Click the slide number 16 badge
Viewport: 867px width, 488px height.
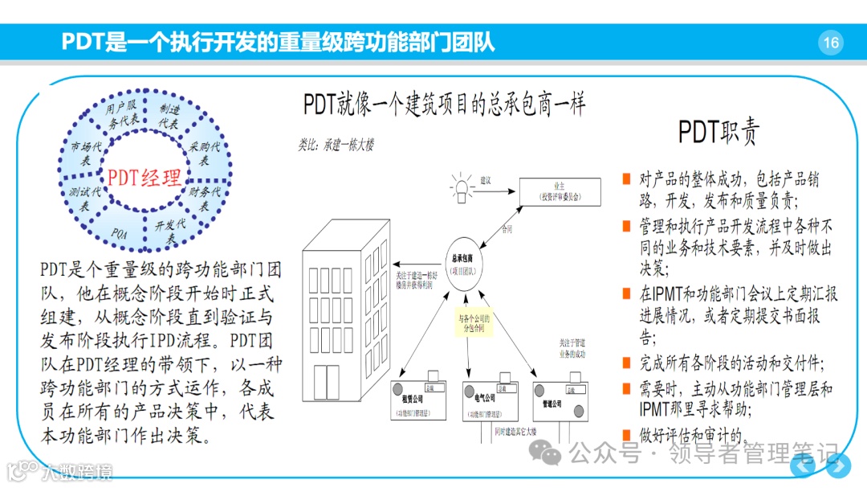point(831,43)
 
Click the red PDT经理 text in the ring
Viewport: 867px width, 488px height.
point(144,177)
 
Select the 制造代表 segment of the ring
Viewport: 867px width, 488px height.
point(169,117)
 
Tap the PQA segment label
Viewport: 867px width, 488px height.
point(120,233)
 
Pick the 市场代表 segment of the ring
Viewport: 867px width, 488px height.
point(86,154)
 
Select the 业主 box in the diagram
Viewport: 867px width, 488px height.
point(559,191)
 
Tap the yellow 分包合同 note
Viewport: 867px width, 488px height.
point(472,323)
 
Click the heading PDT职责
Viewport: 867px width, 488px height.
point(718,132)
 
